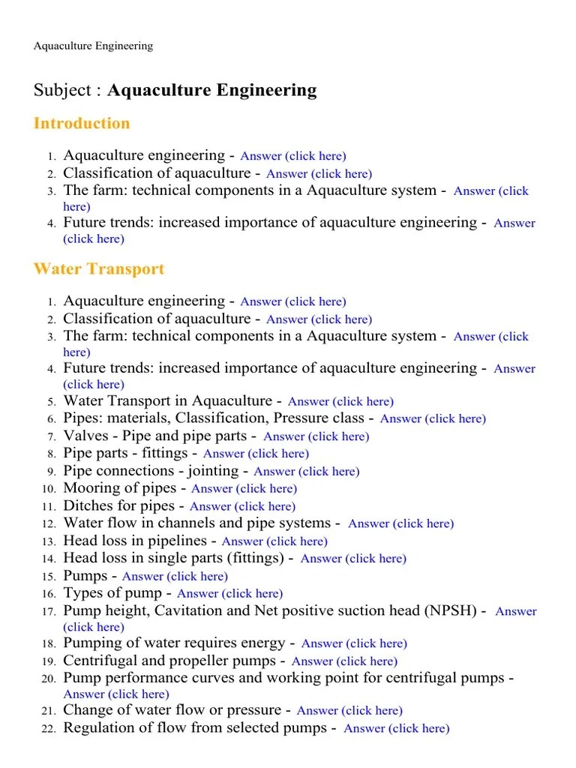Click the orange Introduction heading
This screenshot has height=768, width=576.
pos(82,124)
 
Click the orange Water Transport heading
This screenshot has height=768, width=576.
pos(99,269)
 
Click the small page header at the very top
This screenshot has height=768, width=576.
pos(93,46)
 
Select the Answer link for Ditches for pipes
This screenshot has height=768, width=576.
pos(242,506)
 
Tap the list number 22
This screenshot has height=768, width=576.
pos(49,729)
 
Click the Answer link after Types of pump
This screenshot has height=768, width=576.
pos(229,594)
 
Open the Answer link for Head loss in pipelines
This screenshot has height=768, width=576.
pos(274,541)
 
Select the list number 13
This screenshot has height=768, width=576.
pos(49,541)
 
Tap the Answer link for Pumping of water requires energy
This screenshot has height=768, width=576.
pos(354,643)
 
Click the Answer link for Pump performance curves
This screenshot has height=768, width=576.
pos(116,694)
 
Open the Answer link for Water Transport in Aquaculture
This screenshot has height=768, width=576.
pos(340,402)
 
